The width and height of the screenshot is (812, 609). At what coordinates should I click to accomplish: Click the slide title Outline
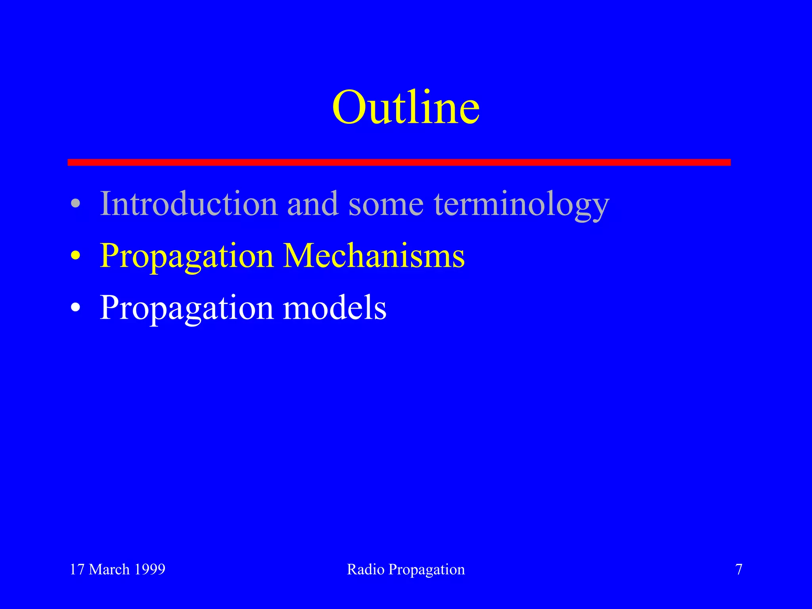[406, 107]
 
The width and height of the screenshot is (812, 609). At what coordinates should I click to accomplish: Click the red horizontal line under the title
[399, 162]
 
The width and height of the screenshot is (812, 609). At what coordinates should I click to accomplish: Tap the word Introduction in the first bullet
[189, 204]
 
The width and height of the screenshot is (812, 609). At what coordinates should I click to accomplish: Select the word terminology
[521, 205]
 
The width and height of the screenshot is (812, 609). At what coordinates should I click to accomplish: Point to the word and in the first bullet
[313, 204]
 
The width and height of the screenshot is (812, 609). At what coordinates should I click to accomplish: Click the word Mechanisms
[373, 256]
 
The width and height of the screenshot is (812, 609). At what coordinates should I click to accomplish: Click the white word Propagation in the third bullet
[186, 308]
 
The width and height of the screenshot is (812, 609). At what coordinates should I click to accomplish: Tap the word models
[334, 308]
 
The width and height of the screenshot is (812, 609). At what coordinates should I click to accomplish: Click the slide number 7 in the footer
[739, 569]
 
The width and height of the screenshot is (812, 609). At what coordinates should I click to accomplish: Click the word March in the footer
[109, 569]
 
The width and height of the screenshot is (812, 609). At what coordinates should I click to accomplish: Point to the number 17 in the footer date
[77, 569]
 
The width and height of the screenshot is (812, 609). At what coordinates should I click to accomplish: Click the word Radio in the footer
[366, 569]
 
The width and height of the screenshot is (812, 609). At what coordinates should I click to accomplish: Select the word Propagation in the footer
[427, 570]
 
